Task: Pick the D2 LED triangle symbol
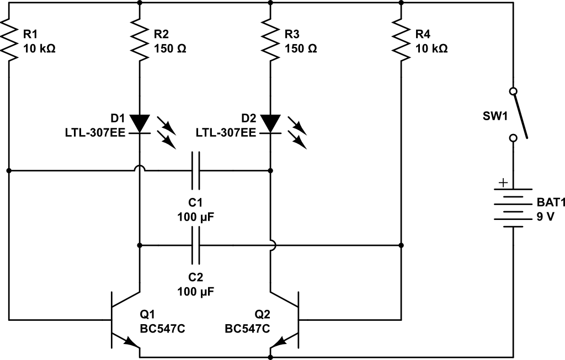click(x=270, y=123)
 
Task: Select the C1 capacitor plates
click(x=195, y=171)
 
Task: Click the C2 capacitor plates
click(x=195, y=245)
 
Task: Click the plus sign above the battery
click(x=502, y=182)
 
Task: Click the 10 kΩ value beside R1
click(x=39, y=48)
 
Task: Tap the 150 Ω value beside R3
click(x=301, y=48)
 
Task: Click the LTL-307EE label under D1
click(x=96, y=132)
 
